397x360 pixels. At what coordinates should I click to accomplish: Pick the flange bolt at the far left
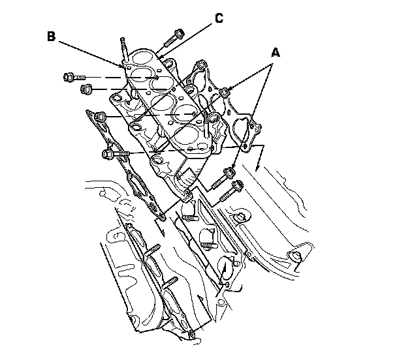(70, 77)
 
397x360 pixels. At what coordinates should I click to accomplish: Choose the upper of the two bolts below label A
(228, 175)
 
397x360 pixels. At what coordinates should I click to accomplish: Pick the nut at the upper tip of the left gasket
(100, 117)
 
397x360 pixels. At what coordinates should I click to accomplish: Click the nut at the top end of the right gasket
(202, 66)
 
